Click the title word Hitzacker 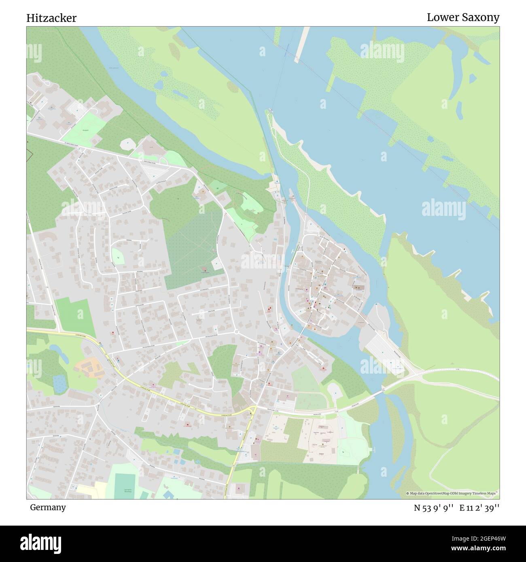[51, 18]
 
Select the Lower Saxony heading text [463, 17]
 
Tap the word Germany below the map [48, 507]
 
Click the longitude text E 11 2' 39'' [479, 508]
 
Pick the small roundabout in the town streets [236, 332]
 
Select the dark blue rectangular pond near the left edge [59, 383]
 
